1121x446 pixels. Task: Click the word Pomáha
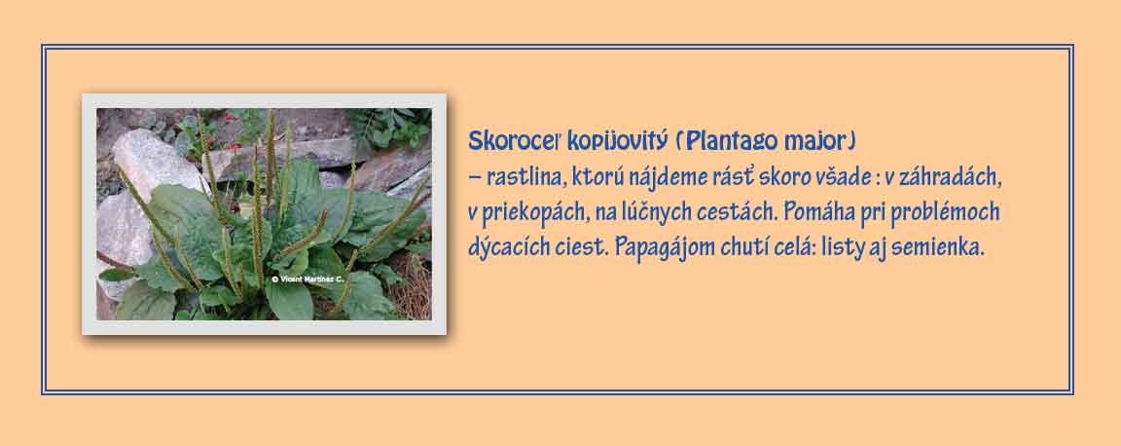825,212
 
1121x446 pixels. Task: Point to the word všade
839,177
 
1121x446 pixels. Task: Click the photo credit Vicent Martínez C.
307,279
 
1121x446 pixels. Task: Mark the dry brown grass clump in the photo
411,285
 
